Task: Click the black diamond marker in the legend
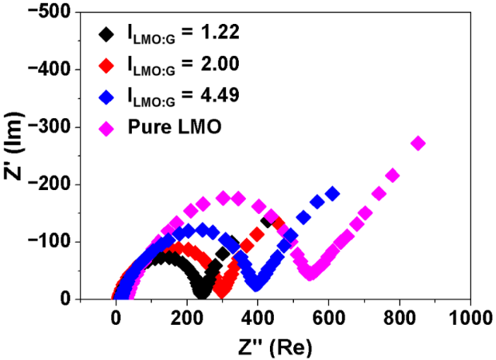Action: coord(105,34)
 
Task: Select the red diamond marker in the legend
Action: coord(105,65)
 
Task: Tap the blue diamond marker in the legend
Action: coord(105,97)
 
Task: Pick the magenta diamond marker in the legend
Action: coord(105,128)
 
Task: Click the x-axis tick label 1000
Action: coord(469,317)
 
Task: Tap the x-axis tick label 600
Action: coord(328,317)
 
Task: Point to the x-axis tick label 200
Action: coord(186,317)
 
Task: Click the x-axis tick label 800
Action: coord(399,317)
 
